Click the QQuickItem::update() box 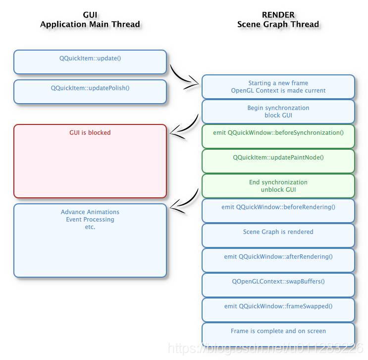tap(90, 62)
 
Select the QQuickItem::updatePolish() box tap(90, 92)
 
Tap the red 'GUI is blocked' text tap(90, 133)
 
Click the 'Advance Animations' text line tap(90, 212)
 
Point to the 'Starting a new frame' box tap(278, 87)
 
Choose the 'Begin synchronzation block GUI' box tap(278, 112)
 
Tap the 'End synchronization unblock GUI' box tap(278, 186)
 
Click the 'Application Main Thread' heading tap(90, 24)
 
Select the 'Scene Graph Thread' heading tap(278, 24)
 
